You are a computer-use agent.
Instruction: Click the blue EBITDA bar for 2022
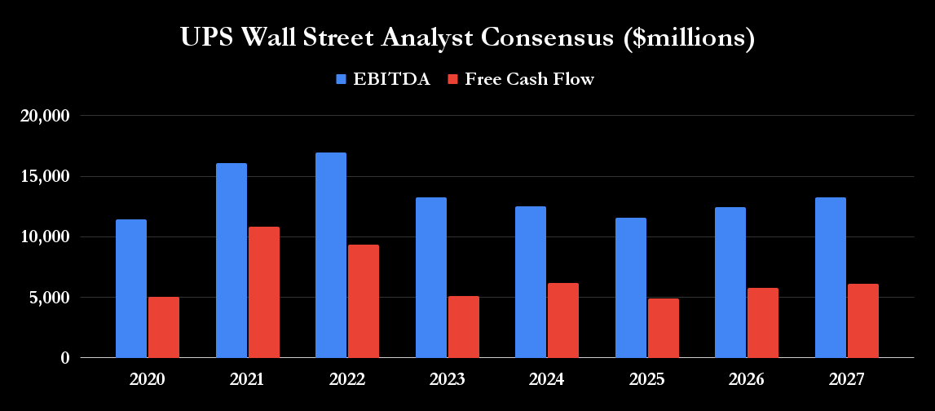(x=331, y=255)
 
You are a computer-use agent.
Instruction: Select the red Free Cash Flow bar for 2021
(x=264, y=292)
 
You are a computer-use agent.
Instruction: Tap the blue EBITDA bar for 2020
(x=131, y=289)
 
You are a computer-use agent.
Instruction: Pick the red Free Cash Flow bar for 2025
(x=664, y=328)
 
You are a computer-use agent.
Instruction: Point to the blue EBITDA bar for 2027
(x=831, y=277)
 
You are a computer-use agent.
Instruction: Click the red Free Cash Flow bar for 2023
(x=464, y=327)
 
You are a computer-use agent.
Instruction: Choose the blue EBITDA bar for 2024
(x=531, y=282)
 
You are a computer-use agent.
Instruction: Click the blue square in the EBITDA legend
(x=342, y=79)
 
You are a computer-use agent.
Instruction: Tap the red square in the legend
(x=454, y=79)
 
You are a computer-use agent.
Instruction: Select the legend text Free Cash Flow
(x=529, y=79)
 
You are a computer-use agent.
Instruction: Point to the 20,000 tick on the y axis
(x=48, y=116)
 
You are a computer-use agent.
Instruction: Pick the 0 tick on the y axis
(x=65, y=358)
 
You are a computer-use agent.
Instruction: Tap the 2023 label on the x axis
(x=447, y=380)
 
